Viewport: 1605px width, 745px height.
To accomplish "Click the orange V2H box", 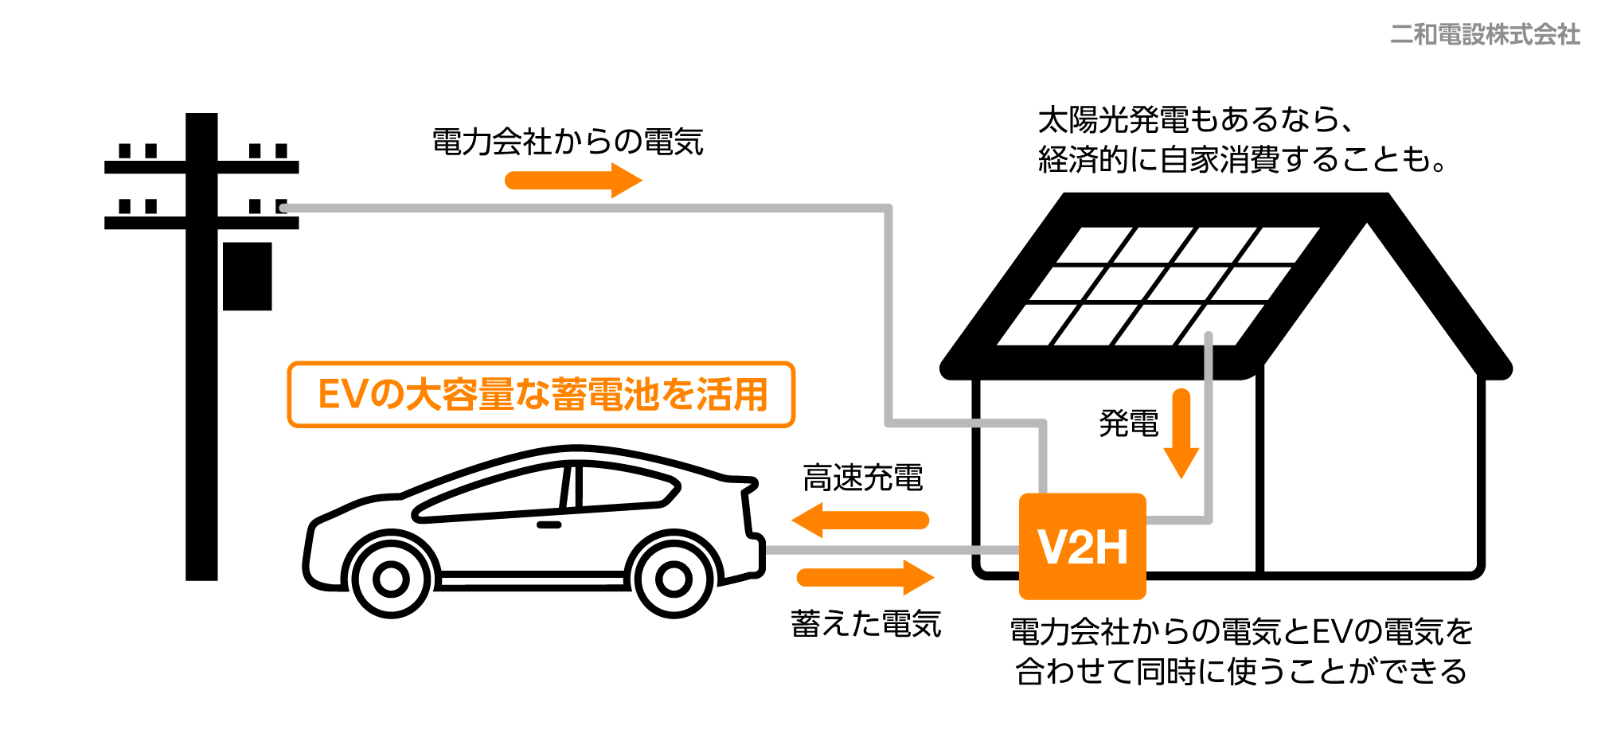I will tap(1082, 546).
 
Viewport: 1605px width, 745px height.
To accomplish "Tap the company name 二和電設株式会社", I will tap(1485, 34).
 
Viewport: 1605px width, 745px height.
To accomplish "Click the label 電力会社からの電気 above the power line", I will tap(568, 142).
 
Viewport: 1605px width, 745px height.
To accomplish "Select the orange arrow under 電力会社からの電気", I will tap(573, 181).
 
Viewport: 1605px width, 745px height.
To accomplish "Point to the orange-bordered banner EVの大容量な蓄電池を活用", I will tap(541, 395).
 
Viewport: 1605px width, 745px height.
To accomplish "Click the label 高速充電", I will tap(863, 478).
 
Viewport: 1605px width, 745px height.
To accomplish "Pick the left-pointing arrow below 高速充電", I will tap(861, 521).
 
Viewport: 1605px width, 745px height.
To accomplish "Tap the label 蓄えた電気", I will tap(866, 624).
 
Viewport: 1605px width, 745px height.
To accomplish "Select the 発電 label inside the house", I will tap(1129, 423).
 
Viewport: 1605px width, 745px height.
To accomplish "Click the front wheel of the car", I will tap(391, 579).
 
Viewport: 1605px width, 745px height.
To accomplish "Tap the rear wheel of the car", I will tap(674, 579).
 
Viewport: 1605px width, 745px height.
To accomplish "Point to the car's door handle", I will tap(549, 525).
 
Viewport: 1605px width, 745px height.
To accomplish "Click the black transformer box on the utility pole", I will tap(248, 276).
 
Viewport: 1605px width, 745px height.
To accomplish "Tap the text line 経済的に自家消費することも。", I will tap(1242, 160).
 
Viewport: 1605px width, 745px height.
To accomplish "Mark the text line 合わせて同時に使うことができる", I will tap(1241, 672).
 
